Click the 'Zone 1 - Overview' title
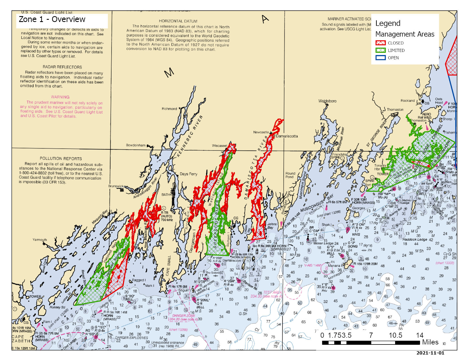point(52,19)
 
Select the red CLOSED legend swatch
point(380,43)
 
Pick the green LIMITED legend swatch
point(380,50)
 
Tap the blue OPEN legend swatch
point(380,58)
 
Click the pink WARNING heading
point(60,97)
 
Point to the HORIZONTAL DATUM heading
point(178,21)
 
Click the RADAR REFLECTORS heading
point(62,67)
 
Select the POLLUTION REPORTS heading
point(61,158)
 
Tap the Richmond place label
point(169,109)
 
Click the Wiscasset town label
point(219,146)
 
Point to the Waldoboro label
point(327,101)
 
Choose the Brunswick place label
point(116,186)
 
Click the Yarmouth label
point(40,240)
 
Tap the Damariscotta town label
point(287,136)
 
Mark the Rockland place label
point(408,101)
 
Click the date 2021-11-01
point(430,353)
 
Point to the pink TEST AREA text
point(272,292)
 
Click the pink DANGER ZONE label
point(184,315)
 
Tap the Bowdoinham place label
point(136,145)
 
